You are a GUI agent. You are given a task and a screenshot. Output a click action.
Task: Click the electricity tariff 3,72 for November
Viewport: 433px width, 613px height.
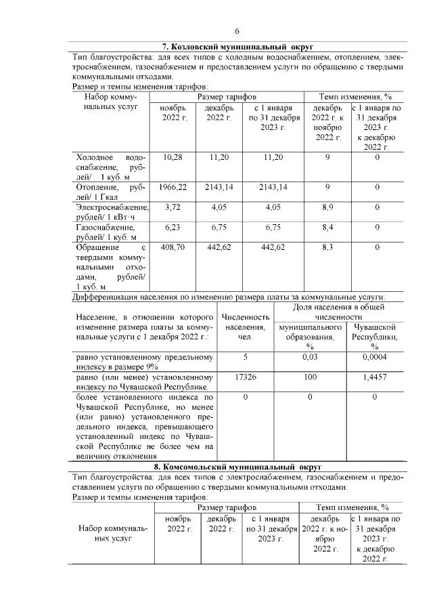tap(173, 207)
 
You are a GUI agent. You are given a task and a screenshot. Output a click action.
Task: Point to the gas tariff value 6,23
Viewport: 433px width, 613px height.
tap(173, 228)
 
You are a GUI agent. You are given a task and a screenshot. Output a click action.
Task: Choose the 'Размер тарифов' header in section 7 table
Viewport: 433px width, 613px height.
tap(226, 98)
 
